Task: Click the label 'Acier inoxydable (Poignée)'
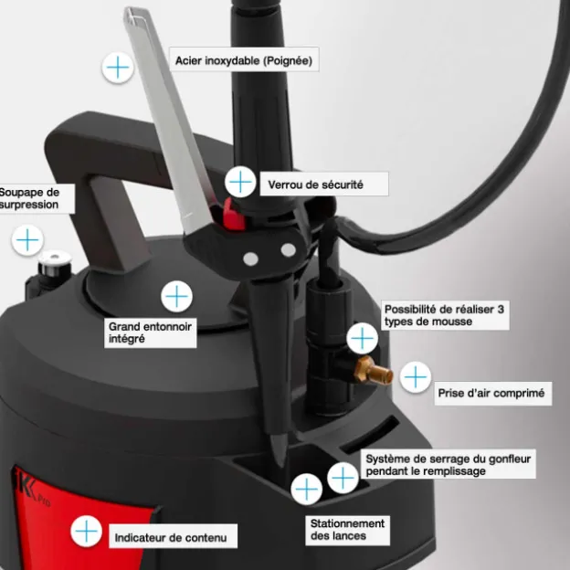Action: pyautogui.click(x=244, y=59)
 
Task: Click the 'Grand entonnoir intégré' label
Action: pyautogui.click(x=151, y=332)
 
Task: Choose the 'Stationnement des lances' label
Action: pyautogui.click(x=347, y=530)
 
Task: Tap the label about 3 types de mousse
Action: pyautogui.click(x=445, y=315)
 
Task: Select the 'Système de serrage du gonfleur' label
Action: pyautogui.click(x=449, y=465)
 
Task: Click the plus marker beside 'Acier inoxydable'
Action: pyautogui.click(x=118, y=68)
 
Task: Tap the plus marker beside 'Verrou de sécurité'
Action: pyautogui.click(x=240, y=182)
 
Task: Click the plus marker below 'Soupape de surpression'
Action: pyautogui.click(x=27, y=240)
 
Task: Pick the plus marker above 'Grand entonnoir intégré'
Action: pyautogui.click(x=176, y=296)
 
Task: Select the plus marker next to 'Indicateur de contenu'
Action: pyautogui.click(x=86, y=531)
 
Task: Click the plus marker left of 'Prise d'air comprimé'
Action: pyautogui.click(x=416, y=377)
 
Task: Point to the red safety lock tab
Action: pyautogui.click(x=233, y=216)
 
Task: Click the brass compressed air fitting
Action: pyautogui.click(x=373, y=371)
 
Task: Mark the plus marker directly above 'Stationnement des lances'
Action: pyautogui.click(x=306, y=489)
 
